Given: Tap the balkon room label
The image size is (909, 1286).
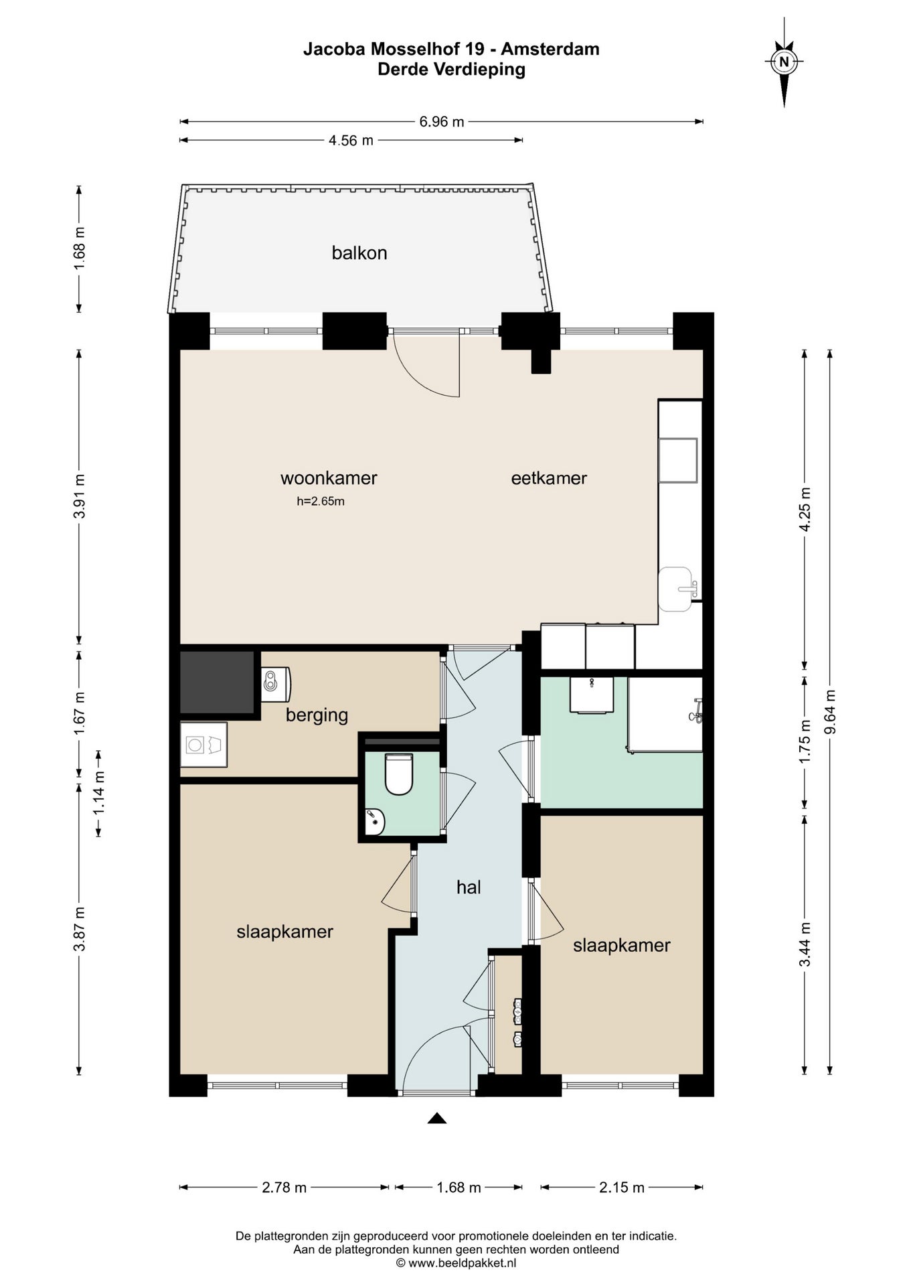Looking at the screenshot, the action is click(x=359, y=253).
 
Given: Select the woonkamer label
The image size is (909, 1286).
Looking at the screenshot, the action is click(x=329, y=478).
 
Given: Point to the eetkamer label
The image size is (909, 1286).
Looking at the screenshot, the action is click(x=549, y=478).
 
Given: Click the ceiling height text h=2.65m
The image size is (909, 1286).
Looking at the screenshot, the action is click(x=321, y=501).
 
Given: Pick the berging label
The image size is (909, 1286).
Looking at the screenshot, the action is click(x=317, y=715).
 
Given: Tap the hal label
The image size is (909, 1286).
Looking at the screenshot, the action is click(x=469, y=887).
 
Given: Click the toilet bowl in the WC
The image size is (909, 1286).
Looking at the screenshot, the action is click(x=399, y=774).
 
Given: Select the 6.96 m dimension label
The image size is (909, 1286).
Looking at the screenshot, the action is click(x=442, y=122).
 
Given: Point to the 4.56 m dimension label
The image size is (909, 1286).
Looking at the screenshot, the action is click(x=351, y=141).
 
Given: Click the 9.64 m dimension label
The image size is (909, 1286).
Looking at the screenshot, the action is click(x=831, y=712).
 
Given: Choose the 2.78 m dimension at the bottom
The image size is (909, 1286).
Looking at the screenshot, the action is click(x=284, y=1188).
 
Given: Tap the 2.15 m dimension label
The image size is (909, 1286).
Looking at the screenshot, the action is click(x=622, y=1188).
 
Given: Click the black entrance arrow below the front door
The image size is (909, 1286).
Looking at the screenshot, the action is click(x=437, y=1118).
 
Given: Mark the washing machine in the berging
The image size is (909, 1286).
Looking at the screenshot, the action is click(x=203, y=744).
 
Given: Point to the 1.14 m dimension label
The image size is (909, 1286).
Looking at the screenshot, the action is click(x=99, y=794).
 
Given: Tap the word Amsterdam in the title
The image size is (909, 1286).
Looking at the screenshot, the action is click(x=550, y=49).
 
